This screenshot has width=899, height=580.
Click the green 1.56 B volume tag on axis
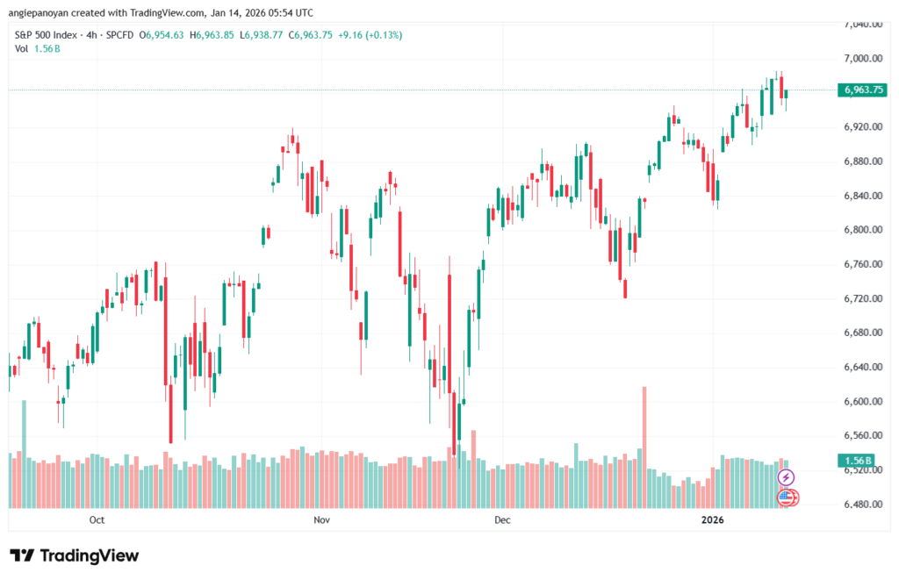[x=856, y=461]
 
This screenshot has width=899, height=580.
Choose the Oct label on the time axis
[x=97, y=520]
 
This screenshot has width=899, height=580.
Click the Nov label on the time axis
[x=321, y=520]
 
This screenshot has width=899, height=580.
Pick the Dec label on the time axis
[x=502, y=520]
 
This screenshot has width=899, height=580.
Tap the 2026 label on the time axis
[x=713, y=520]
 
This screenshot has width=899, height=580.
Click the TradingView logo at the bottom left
[x=75, y=555]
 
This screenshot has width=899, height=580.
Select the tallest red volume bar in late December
[x=645, y=448]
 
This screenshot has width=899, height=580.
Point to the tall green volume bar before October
[x=24, y=452]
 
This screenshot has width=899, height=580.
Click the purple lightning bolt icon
[x=787, y=477]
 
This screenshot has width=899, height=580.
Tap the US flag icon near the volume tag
[x=788, y=498]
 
